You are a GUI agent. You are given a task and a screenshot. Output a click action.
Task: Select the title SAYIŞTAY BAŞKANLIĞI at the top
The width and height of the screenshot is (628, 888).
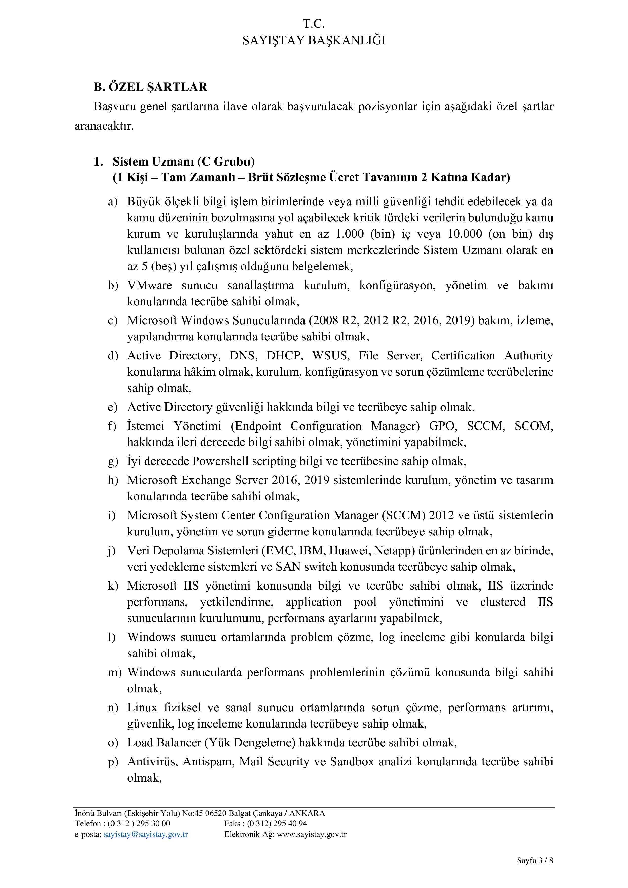(314, 41)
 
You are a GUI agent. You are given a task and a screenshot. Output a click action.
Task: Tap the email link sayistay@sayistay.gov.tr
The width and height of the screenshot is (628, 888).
(146, 834)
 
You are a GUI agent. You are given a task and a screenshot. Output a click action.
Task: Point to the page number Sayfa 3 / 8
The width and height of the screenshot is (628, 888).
(535, 868)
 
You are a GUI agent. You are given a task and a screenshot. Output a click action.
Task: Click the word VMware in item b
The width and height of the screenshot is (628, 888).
(150, 286)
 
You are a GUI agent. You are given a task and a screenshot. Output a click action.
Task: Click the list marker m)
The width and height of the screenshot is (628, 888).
(115, 673)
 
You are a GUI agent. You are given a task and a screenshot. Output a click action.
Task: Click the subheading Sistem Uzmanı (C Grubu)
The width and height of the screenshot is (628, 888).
(183, 161)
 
